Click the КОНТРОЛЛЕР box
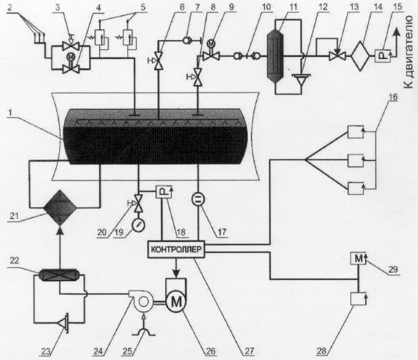coord(176,250)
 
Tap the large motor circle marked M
coord(176,302)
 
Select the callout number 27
coord(248,351)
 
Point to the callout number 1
coord(10,113)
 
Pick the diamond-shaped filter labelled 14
coord(360,56)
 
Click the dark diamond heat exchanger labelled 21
coord(60,207)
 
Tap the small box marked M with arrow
coord(359,258)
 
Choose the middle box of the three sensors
coord(355,160)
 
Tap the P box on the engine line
coord(383,56)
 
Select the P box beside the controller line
coord(164,191)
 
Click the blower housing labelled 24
coord(141,301)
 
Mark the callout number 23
coord(46,352)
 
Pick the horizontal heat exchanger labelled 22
coord(59,275)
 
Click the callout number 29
coord(393,269)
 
